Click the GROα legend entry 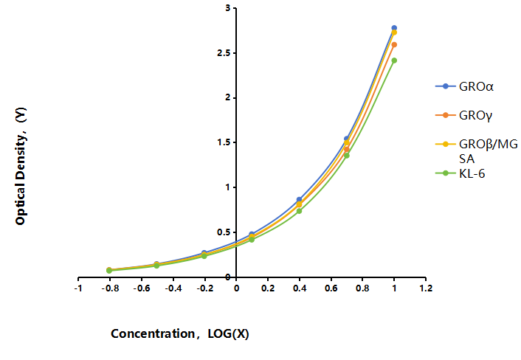tap(464, 86)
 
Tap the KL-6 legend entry tap(460, 173)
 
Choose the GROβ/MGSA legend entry tap(477, 151)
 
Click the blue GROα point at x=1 tap(394, 28)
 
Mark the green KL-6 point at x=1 tap(394, 60)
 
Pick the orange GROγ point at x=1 tap(394, 44)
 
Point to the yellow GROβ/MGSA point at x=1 tap(394, 32)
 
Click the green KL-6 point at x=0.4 tap(299, 211)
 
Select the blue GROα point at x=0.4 tap(299, 199)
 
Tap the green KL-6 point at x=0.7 tap(347, 156)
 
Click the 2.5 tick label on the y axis tap(224, 53)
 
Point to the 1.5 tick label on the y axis tap(224, 142)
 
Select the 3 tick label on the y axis tap(228, 8)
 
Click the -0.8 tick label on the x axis tap(110, 288)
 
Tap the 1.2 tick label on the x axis tap(426, 288)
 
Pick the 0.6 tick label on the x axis tap(331, 288)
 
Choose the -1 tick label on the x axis tap(78, 288)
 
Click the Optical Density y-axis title tap(21, 166)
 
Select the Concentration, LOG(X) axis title tap(180, 333)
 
